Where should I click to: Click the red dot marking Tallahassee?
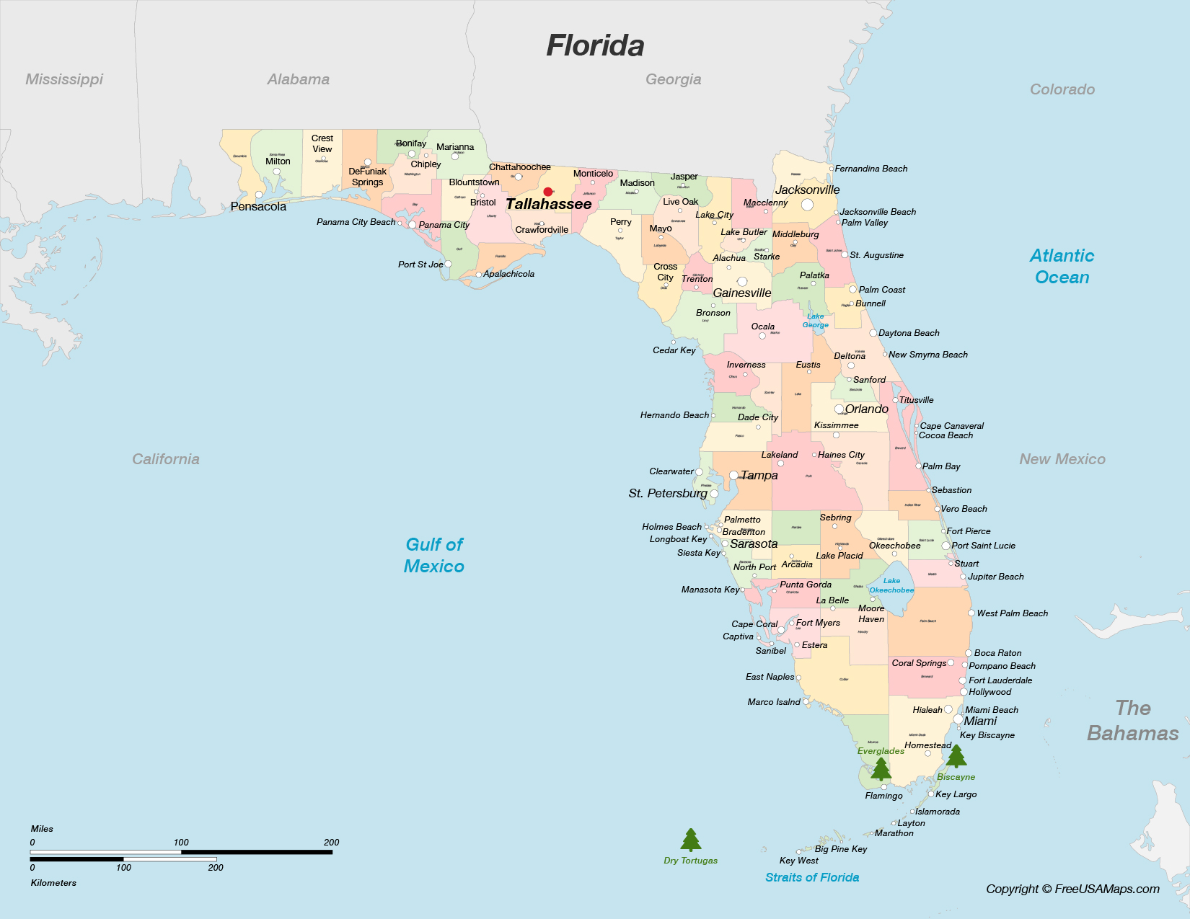pos(548,192)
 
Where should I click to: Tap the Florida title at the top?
pos(595,45)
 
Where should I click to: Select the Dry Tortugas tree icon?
pos(691,840)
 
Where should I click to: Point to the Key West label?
pos(799,861)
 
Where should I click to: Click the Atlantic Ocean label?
pos(1062,266)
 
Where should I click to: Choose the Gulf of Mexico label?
pos(434,555)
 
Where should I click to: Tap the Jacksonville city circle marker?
pos(807,205)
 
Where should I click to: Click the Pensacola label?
pos(258,207)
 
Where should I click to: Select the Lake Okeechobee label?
pos(891,585)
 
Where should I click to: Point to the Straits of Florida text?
pos(812,877)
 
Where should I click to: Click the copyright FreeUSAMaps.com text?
pos(1072,889)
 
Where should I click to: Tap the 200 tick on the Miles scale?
pos(332,843)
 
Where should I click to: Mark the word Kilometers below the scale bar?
pos(53,883)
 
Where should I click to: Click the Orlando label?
pos(867,409)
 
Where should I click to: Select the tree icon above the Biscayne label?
pos(956,756)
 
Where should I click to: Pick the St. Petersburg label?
pos(668,494)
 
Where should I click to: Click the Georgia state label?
pos(673,79)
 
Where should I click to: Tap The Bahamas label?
pos(1133,721)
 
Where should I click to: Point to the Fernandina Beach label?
pos(871,169)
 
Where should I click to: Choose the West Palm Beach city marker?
pos(971,613)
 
